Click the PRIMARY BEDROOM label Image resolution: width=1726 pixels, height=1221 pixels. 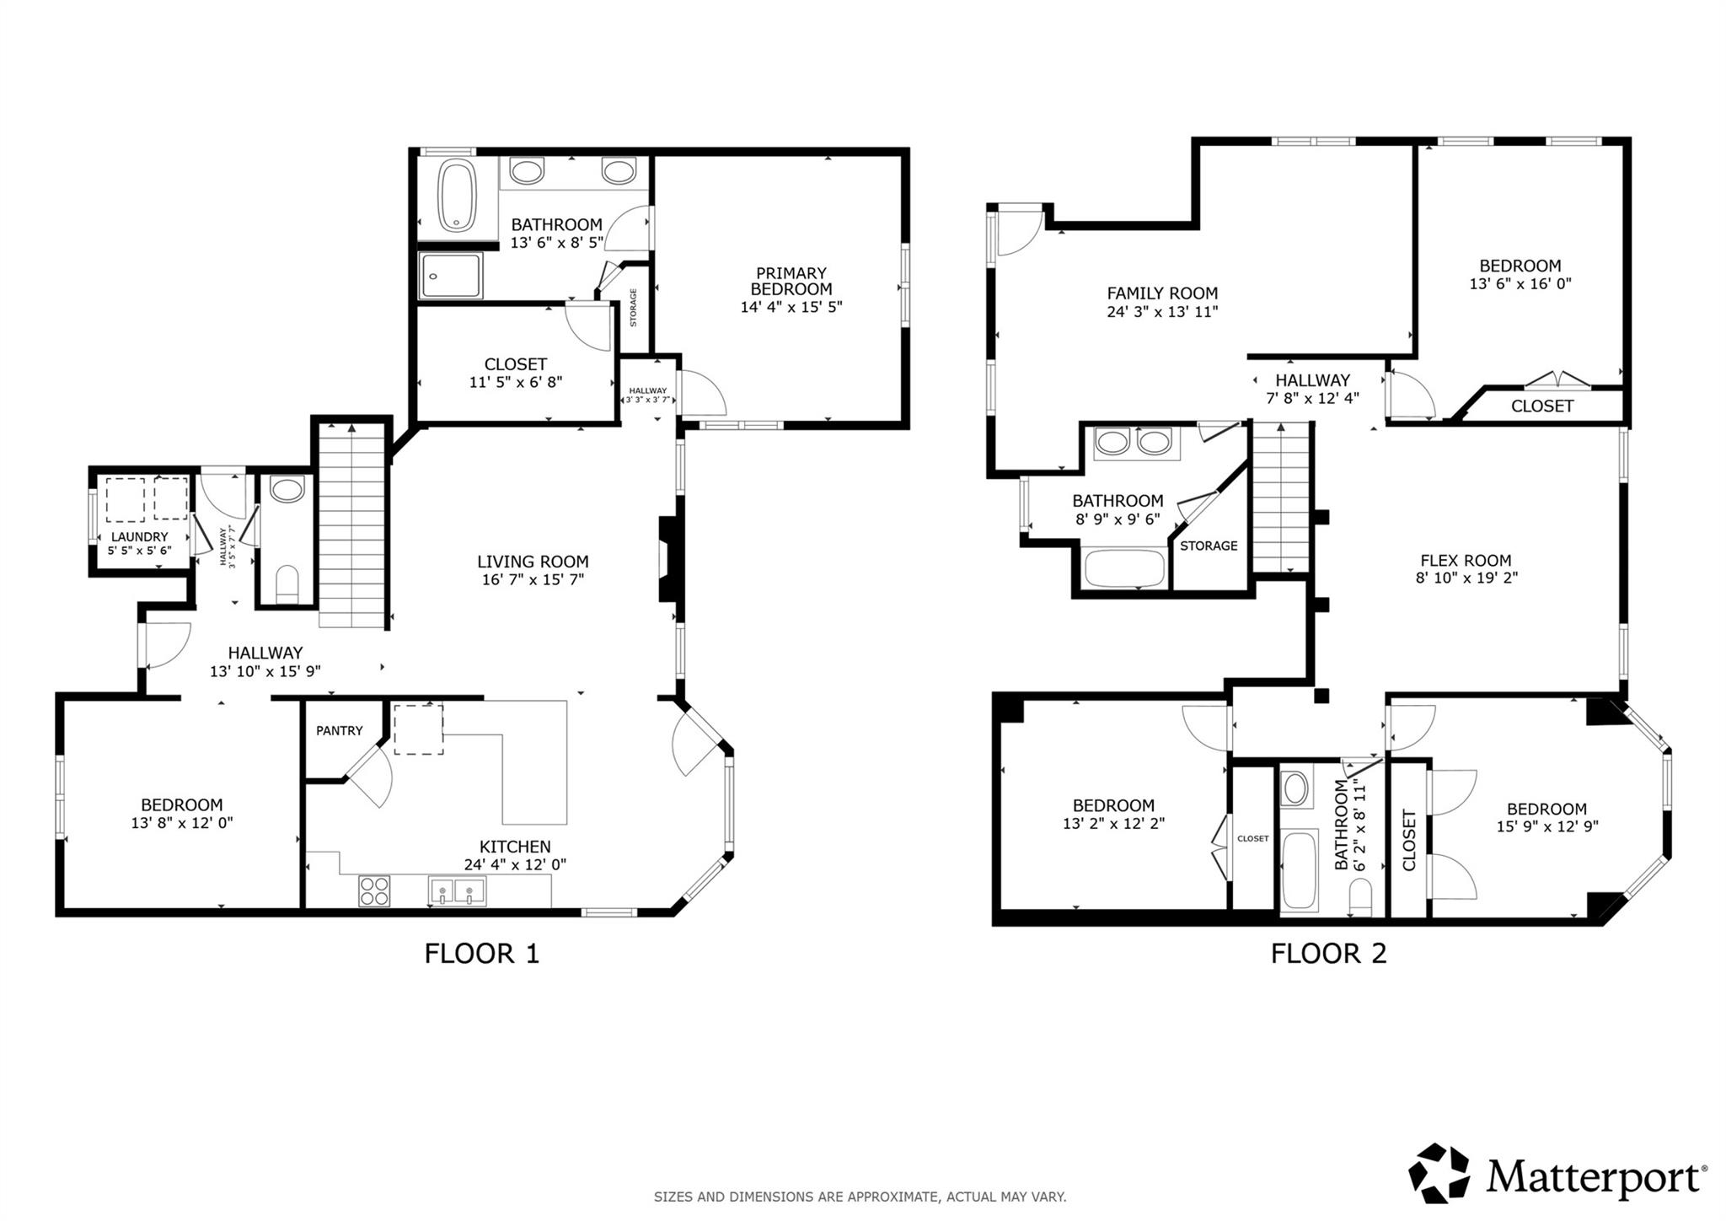(x=791, y=281)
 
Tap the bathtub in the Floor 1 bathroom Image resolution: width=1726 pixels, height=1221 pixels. (x=458, y=196)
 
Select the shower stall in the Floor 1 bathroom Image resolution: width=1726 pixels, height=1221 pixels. (x=452, y=275)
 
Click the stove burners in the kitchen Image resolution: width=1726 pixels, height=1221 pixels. (x=374, y=891)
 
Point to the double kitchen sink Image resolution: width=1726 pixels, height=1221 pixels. (x=457, y=890)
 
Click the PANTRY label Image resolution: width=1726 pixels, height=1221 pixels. (x=340, y=731)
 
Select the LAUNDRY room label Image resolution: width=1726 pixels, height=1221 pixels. (x=140, y=537)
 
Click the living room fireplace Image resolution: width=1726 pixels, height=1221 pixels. (x=668, y=559)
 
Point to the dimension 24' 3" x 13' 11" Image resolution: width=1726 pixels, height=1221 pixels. (x=1162, y=312)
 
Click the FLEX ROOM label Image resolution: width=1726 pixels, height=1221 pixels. (x=1466, y=561)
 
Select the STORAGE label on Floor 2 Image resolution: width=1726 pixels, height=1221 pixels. (x=1209, y=546)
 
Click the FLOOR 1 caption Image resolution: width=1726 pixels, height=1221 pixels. (x=481, y=954)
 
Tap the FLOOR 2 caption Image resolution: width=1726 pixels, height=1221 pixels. (x=1328, y=954)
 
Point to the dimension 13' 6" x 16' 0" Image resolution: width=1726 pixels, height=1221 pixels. (x=1520, y=284)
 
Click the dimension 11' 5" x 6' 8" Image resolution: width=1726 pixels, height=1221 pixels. (x=515, y=382)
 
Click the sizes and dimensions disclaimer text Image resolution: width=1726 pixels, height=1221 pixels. (x=860, y=1197)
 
